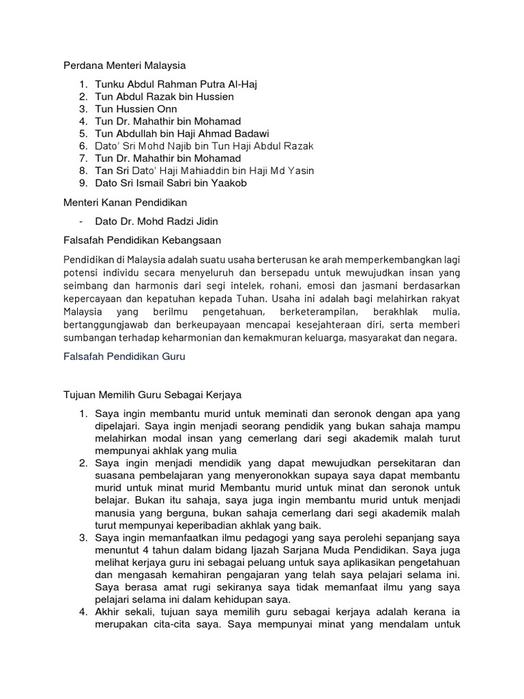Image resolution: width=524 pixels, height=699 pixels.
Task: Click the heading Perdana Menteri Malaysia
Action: [x=124, y=66]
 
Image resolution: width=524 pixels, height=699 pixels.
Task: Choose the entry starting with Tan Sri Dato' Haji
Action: [x=205, y=171]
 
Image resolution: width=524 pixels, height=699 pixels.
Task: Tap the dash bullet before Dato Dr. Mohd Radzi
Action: [x=81, y=222]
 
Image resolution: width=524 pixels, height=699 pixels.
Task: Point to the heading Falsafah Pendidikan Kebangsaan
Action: [x=142, y=240]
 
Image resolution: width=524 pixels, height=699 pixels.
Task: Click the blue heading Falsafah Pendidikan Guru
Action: [x=125, y=356]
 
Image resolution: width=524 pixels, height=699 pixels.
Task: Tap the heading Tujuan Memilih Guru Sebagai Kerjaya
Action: [x=152, y=395]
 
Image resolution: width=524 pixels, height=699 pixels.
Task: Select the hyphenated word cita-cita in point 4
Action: [x=196, y=623]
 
